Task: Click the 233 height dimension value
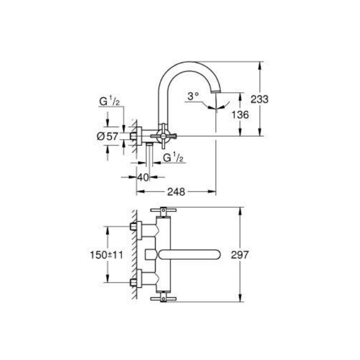tap(260, 99)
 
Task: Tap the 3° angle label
tap(193, 96)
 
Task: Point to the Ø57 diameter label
tap(108, 136)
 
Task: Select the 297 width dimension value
tap(239, 255)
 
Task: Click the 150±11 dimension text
tap(107, 255)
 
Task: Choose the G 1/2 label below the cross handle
tap(174, 158)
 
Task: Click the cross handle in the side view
tap(163, 136)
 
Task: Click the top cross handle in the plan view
tap(163, 210)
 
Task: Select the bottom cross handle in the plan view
tap(163, 298)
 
